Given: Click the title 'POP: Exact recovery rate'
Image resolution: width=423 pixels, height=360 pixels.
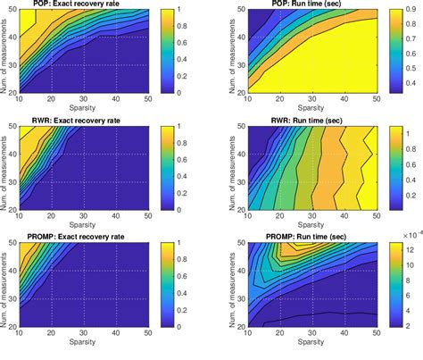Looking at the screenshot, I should [88, 5].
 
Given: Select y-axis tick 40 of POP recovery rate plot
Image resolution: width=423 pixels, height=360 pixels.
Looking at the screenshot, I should [12, 38].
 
